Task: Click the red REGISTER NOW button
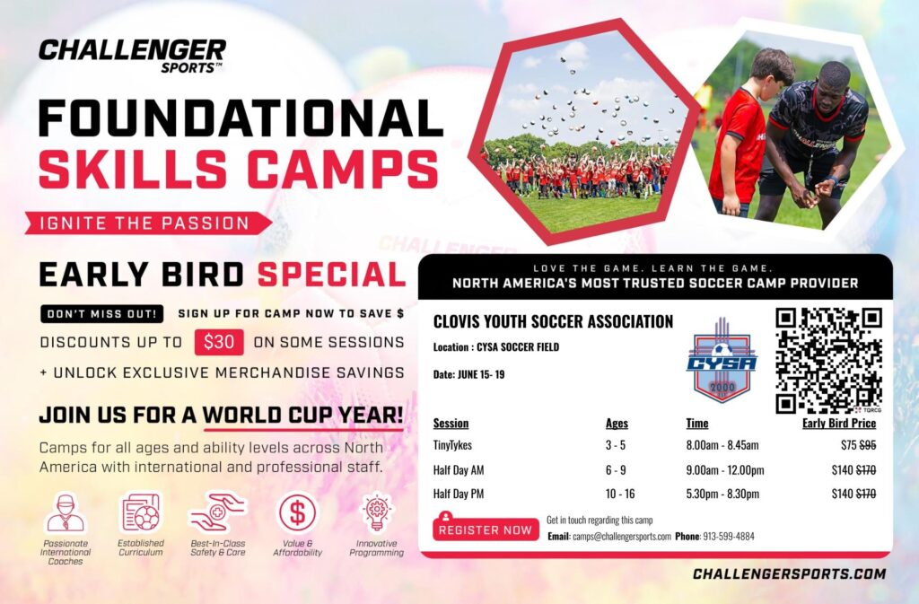point(485,529)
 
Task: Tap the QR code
point(828,360)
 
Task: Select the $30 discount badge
point(218,342)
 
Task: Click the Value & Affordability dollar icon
point(297,513)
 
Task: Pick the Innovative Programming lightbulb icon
point(376,513)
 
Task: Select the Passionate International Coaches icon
point(65,513)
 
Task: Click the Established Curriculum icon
point(140,513)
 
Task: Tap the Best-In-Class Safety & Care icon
point(217,513)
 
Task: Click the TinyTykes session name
point(453,445)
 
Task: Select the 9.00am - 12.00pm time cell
point(725,469)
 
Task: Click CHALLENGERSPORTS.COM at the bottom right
point(789,573)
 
